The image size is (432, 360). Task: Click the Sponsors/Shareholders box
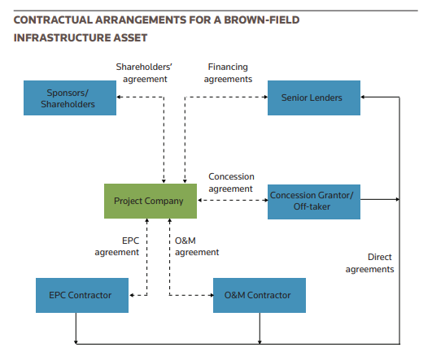coord(70,98)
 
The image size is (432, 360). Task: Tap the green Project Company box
coord(150,201)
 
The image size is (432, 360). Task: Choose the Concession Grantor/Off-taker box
coord(313,201)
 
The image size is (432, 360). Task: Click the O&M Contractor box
coord(259,295)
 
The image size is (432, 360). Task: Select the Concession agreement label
coord(231,183)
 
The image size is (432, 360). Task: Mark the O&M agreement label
coord(197,246)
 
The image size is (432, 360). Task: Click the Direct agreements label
coord(369,262)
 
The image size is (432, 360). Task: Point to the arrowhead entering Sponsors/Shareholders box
coord(120,97)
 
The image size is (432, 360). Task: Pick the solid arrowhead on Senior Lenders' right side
coord(364,98)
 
